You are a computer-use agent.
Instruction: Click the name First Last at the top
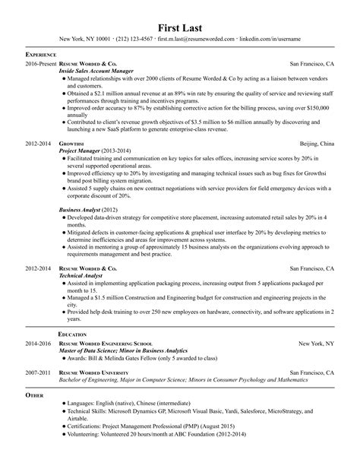coord(179,21)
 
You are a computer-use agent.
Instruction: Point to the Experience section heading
coord(43,56)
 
